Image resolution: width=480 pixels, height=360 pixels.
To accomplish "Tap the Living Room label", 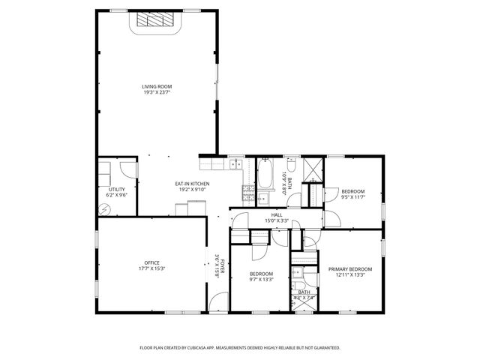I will point(157,87).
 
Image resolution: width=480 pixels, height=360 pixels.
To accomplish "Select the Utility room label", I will point(116,189).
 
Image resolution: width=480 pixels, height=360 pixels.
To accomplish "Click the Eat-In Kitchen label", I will point(192,184).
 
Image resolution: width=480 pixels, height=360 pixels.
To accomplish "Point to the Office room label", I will point(153,262).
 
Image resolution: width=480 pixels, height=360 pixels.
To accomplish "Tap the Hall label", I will point(277,215).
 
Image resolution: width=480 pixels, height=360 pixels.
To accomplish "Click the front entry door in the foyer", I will point(217,304).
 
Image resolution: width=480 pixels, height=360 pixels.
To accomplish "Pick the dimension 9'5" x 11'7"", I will point(352,196).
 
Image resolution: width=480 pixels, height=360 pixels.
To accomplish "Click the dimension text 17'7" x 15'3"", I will point(153,268).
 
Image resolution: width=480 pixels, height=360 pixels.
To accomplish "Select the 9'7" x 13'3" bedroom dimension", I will point(261,279).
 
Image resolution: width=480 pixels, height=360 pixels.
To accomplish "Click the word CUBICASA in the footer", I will point(212,348).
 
